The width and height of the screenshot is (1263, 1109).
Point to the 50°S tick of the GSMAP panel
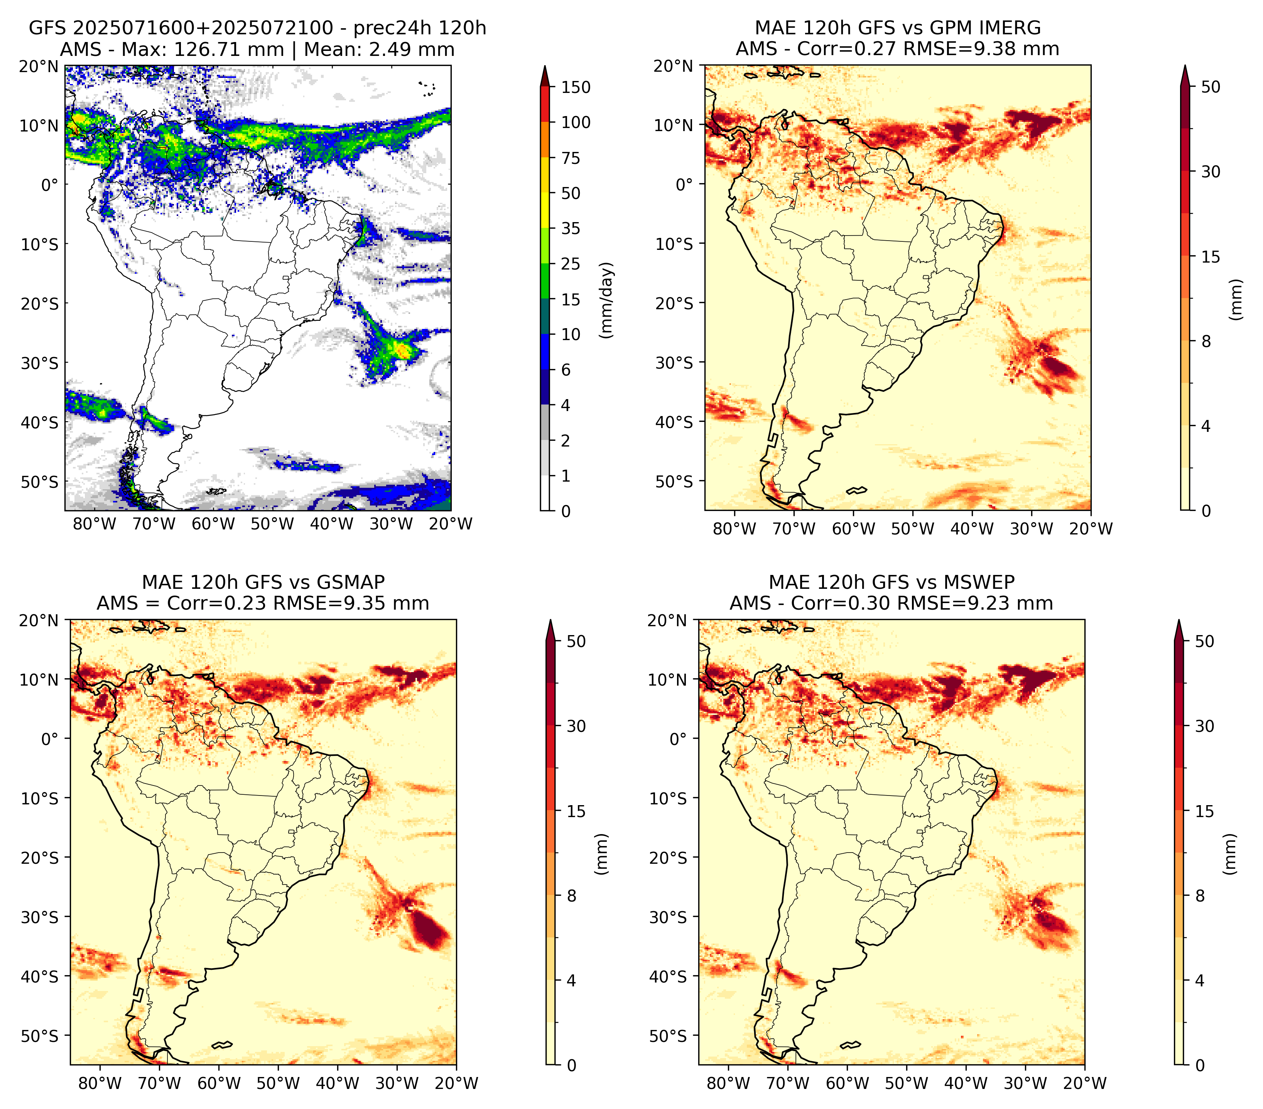coord(40,1035)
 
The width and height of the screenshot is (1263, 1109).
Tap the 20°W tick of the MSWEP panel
coord(1084,1083)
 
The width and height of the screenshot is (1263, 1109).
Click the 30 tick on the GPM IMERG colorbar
coord(1211,172)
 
